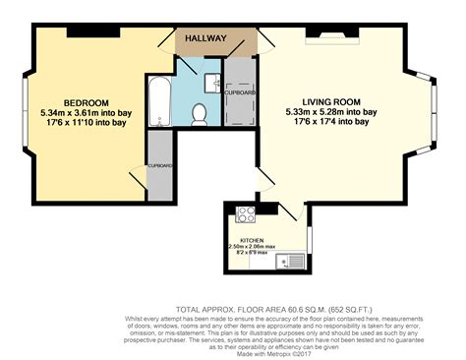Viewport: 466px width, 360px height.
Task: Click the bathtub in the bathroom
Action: (x=159, y=99)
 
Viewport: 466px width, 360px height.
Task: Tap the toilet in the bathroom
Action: (x=200, y=114)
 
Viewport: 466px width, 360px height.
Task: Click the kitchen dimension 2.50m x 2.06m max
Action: (x=252, y=246)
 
